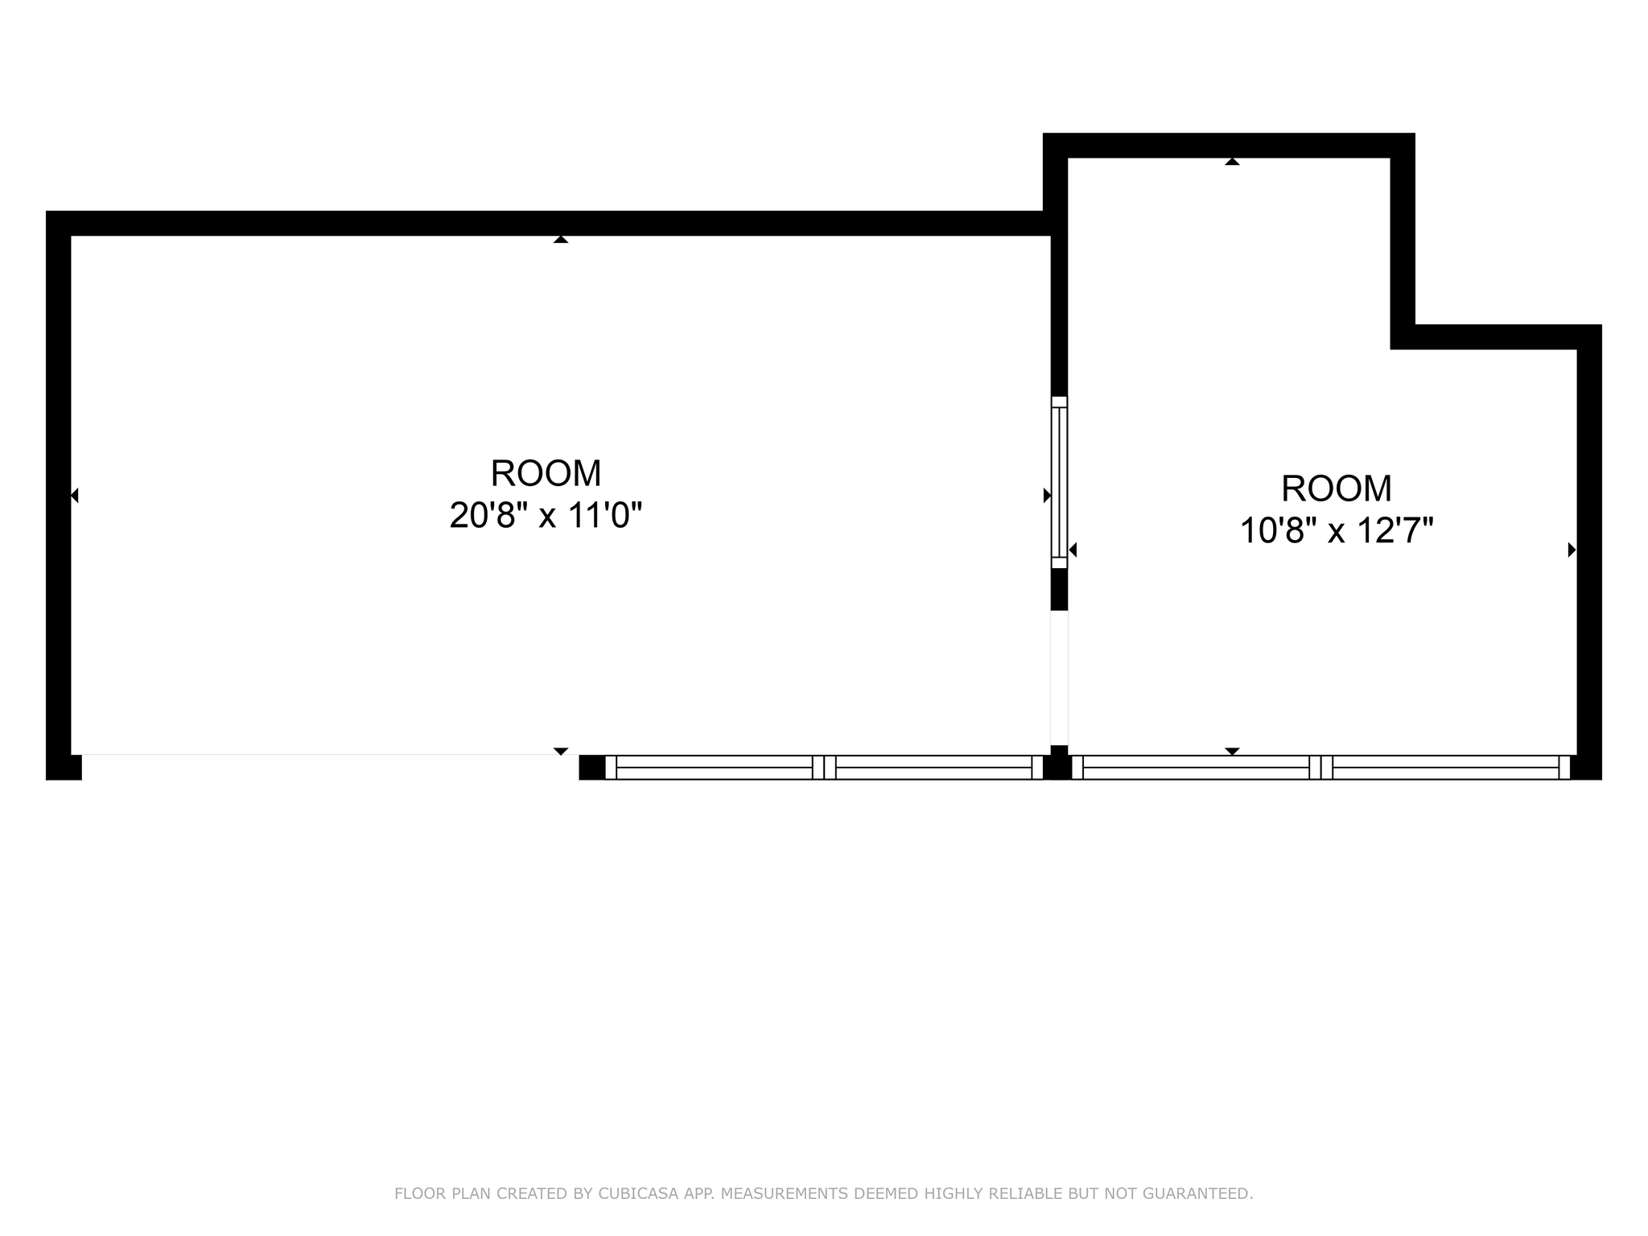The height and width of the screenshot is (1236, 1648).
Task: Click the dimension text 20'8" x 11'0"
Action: pyautogui.click(x=546, y=516)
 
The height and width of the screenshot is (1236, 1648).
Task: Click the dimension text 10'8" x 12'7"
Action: pyautogui.click(x=1337, y=531)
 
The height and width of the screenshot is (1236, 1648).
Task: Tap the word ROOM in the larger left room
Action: pyautogui.click(x=546, y=473)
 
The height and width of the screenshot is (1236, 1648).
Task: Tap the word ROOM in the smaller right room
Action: pyautogui.click(x=1337, y=488)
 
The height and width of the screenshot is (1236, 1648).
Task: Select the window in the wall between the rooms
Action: pyautogui.click(x=1059, y=482)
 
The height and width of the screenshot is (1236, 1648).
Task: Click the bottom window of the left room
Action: pyautogui.click(x=824, y=768)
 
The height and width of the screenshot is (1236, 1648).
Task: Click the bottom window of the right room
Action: pyautogui.click(x=1320, y=768)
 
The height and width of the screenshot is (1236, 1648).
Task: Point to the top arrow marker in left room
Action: pyautogui.click(x=561, y=239)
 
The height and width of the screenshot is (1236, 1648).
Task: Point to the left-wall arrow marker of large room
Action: pyautogui.click(x=75, y=496)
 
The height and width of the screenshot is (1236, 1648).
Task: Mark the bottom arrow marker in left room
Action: pyautogui.click(x=561, y=751)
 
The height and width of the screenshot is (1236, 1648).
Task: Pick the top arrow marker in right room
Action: pyautogui.click(x=1232, y=162)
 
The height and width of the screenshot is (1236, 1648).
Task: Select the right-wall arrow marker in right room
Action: pyautogui.click(x=1572, y=550)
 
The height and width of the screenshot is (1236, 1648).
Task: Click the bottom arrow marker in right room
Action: pyautogui.click(x=1232, y=751)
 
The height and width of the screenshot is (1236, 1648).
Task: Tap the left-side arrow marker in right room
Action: pyautogui.click(x=1073, y=550)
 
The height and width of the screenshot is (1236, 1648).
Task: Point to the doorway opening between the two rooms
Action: pyautogui.click(x=1059, y=678)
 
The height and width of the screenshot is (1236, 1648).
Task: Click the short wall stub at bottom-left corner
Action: pyautogui.click(x=64, y=768)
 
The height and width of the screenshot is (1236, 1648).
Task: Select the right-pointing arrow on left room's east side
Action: pyautogui.click(x=1047, y=496)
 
